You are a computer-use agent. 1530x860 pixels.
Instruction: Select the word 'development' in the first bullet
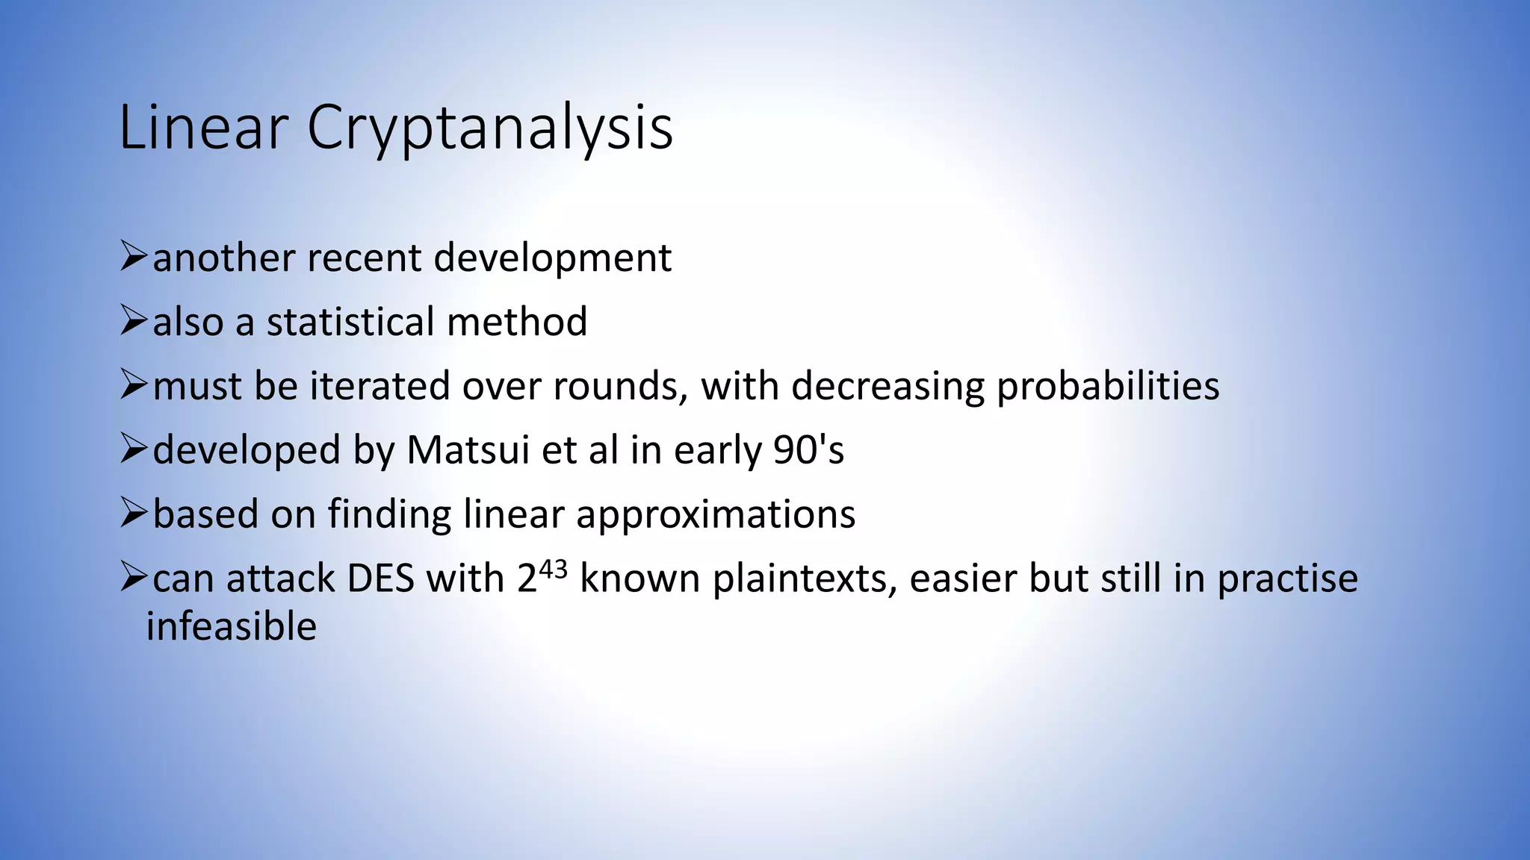552,258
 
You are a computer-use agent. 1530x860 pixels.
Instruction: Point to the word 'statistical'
350,322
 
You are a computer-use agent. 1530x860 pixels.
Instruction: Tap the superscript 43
553,570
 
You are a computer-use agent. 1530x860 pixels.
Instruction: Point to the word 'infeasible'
232,626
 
